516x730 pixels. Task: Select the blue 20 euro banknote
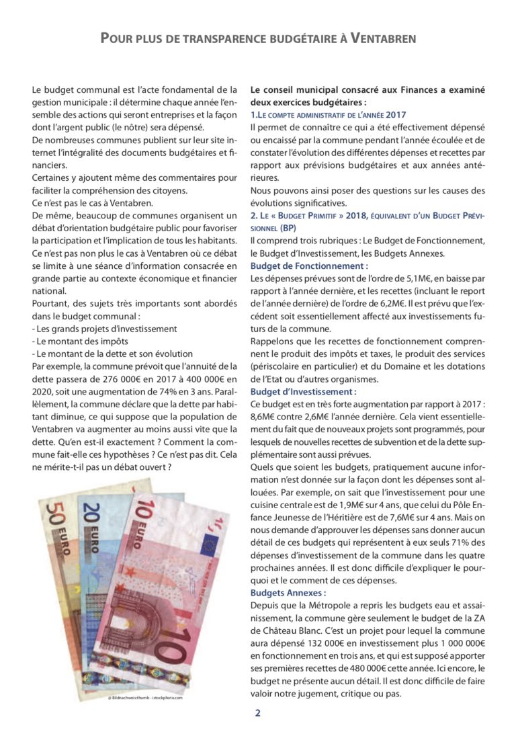pyautogui.click(x=107, y=538)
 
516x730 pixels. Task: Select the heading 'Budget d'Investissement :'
pyautogui.click(x=303, y=391)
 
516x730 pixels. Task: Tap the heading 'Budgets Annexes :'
pyautogui.click(x=288, y=593)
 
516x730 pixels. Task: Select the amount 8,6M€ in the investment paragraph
pyautogui.click(x=265, y=417)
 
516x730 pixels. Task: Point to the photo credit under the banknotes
pyautogui.click(x=145, y=698)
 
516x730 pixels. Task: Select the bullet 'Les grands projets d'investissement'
pyautogui.click(x=104, y=329)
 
